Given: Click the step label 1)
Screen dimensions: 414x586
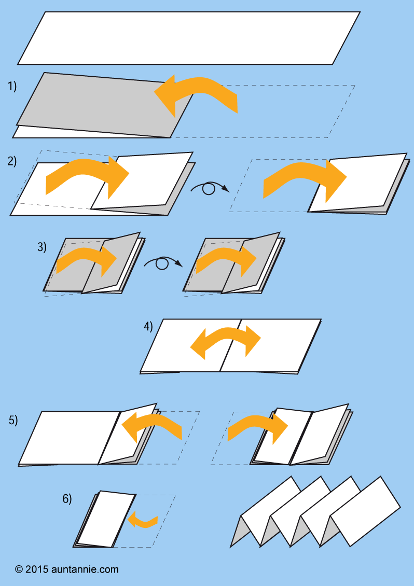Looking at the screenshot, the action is [12, 86].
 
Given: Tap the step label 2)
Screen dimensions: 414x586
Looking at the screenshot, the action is [12, 161].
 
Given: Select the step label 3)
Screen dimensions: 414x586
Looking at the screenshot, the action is [42, 247].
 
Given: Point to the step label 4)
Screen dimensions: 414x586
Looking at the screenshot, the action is [148, 326].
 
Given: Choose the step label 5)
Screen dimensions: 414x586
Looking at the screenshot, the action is [13, 420].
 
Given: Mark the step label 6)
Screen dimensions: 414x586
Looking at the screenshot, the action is [67, 498].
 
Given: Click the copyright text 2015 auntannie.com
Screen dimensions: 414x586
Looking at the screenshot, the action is [67, 569].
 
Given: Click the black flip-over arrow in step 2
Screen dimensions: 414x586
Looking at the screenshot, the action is [210, 188].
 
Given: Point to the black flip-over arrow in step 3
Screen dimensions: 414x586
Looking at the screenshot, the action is [163, 263].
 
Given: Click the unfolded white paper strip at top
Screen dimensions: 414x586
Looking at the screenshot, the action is [189, 38].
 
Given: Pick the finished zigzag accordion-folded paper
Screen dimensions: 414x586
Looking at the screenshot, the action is [315, 511].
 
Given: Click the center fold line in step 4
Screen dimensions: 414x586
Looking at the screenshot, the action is [230, 345].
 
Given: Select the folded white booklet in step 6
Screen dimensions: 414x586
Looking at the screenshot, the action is [105, 519].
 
